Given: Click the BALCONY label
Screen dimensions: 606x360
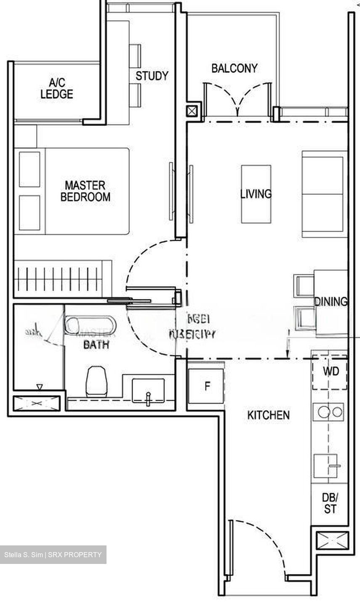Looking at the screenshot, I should (234, 68).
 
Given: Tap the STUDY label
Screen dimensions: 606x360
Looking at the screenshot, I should (152, 76).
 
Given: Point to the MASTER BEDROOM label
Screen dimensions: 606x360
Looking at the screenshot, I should (85, 191).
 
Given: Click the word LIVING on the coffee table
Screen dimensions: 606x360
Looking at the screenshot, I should (256, 194).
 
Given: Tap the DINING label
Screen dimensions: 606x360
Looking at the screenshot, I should (331, 301).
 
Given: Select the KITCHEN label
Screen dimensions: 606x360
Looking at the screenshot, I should (268, 415).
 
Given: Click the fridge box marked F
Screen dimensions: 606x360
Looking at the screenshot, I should (206, 386).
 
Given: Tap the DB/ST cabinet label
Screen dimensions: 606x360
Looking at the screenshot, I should (330, 503).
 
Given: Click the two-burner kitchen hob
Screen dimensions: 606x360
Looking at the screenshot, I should (328, 412).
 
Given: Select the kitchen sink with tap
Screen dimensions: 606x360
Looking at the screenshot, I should (326, 466).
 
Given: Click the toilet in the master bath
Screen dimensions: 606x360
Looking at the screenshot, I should (96, 380).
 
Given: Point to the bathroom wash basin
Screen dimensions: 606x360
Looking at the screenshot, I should (148, 391).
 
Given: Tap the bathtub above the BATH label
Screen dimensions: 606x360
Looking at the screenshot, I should (90, 325).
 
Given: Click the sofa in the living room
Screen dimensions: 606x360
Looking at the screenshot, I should (323, 194).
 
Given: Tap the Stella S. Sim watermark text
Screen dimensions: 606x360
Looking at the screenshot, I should (53, 555).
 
